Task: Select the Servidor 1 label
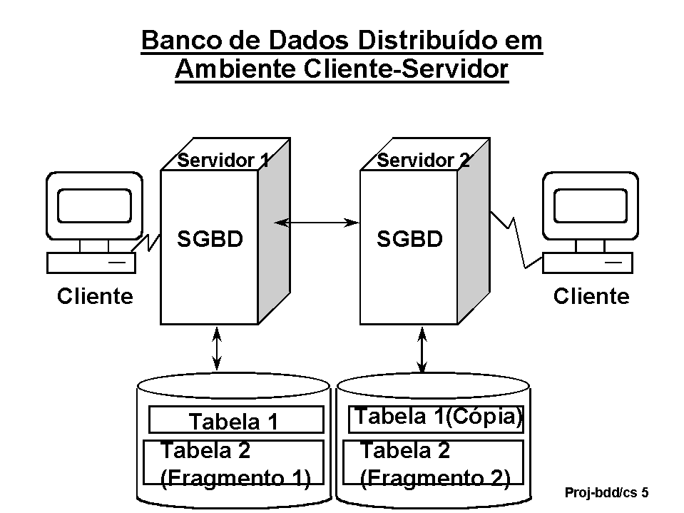click(x=223, y=160)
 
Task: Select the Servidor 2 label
click(x=424, y=160)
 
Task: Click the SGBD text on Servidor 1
click(x=210, y=239)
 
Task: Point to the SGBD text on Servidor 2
click(x=409, y=239)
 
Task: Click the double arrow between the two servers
click(x=317, y=223)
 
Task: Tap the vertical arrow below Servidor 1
click(x=218, y=347)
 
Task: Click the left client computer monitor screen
click(x=94, y=205)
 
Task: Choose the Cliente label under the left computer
click(x=95, y=295)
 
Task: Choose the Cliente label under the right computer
click(x=591, y=295)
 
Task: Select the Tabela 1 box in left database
click(x=235, y=421)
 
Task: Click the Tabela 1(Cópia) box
click(x=437, y=418)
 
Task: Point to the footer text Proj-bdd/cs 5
click(x=606, y=492)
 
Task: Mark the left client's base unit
click(x=91, y=263)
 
